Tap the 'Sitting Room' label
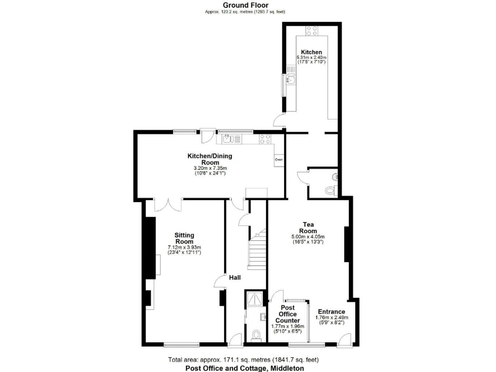click(185, 238)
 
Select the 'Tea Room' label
click(307, 227)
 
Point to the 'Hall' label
click(234, 278)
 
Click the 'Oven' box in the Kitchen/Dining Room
click(279, 160)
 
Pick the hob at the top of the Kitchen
click(311, 30)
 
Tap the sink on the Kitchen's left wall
click(291, 80)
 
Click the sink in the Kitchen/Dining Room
click(230, 138)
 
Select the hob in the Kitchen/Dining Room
click(265, 138)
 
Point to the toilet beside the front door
click(256, 335)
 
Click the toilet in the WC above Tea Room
click(332, 189)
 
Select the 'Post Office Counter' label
click(287, 315)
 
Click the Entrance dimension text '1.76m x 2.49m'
click(331, 318)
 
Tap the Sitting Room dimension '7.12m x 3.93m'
click(185, 247)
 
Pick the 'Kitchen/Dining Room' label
click(210, 160)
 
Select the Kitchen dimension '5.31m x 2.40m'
click(311, 58)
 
